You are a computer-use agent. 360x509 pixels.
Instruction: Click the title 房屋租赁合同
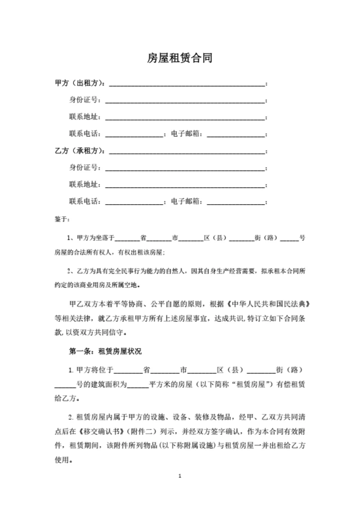coord(180,58)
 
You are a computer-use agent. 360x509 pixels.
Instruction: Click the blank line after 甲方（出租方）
coord(187,84)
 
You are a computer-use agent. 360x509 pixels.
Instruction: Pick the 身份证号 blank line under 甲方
coord(184,101)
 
